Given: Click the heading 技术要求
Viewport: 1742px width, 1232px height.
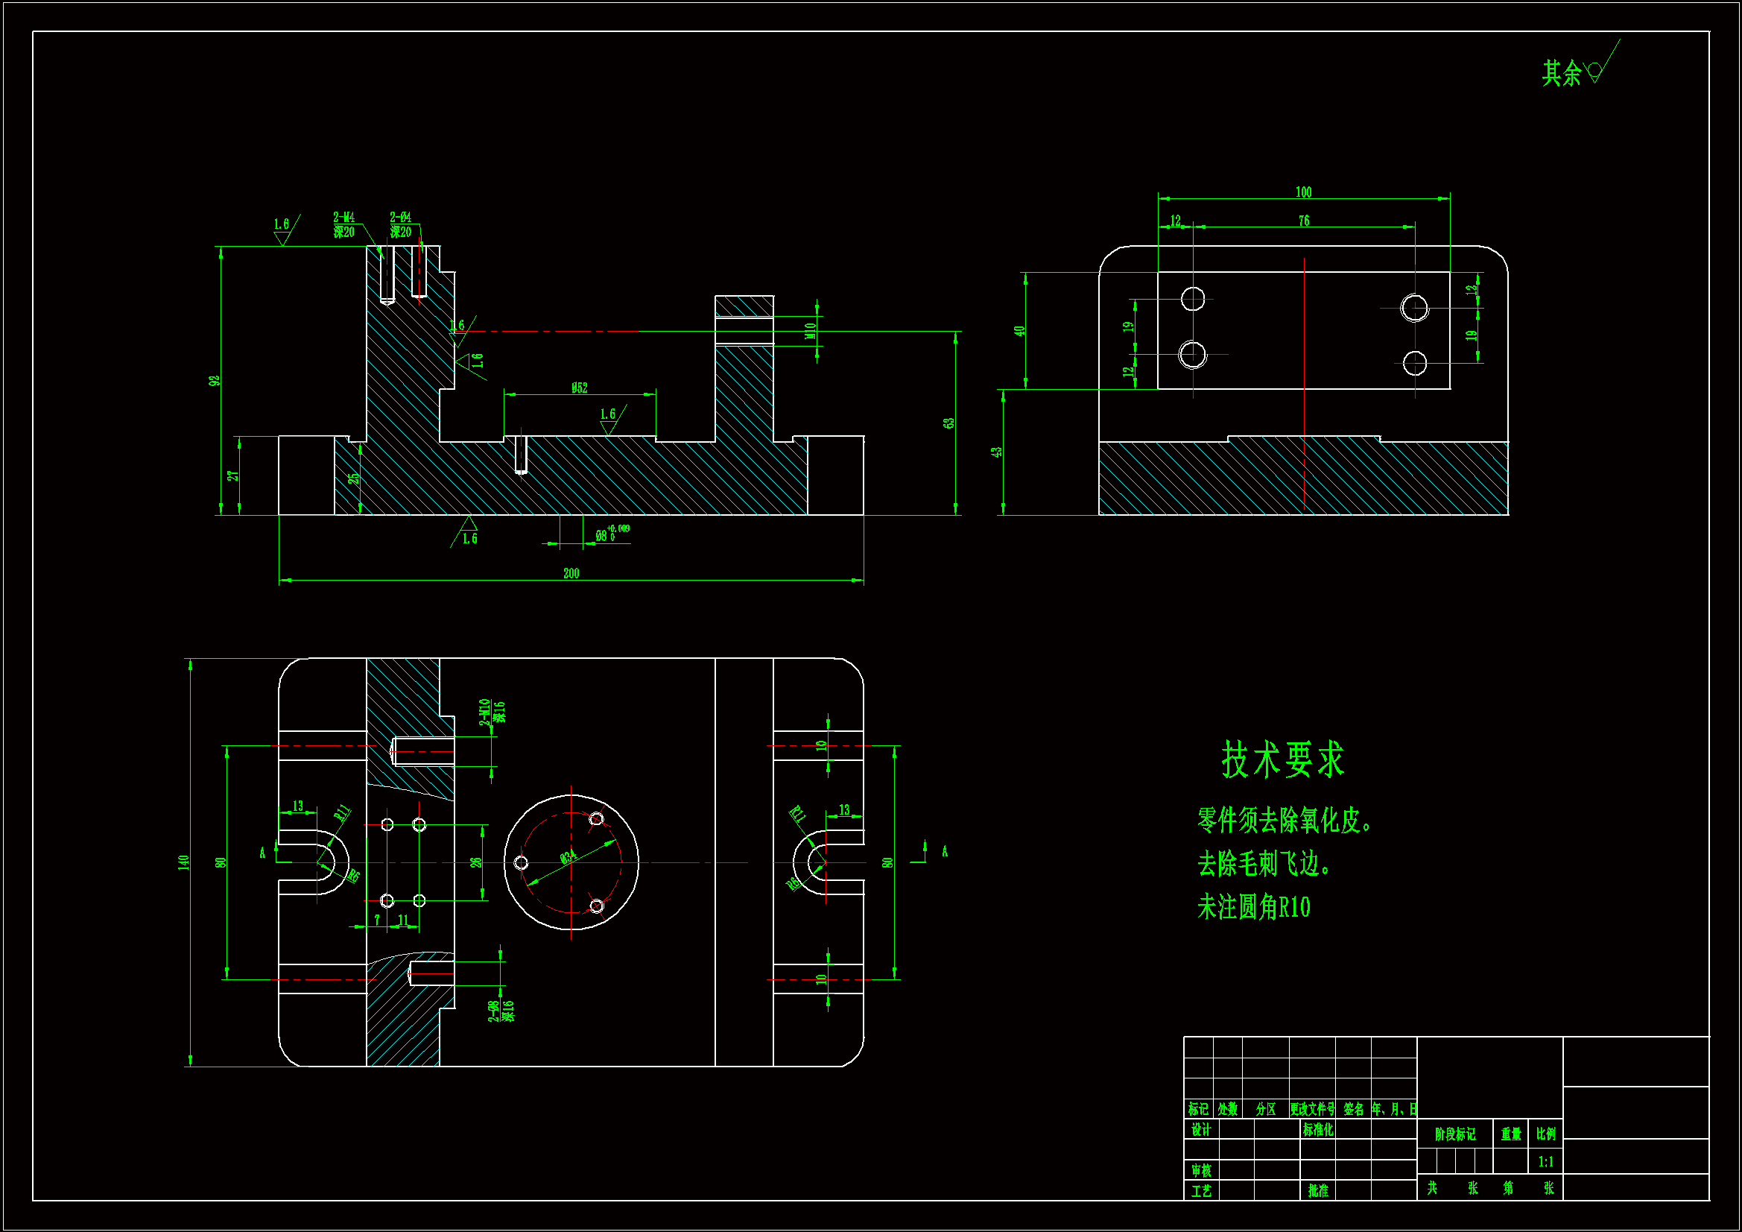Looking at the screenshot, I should click(1282, 760).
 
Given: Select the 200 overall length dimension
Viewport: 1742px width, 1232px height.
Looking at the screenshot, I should click(571, 574).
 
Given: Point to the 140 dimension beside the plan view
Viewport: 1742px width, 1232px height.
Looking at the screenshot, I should click(183, 862).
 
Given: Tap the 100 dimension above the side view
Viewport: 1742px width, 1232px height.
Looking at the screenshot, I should click(1303, 192).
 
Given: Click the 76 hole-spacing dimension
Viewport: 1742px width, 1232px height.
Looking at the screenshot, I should click(1303, 221).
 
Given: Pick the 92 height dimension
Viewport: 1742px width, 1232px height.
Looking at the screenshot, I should click(215, 380).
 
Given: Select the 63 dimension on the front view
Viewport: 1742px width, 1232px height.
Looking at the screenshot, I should click(949, 423).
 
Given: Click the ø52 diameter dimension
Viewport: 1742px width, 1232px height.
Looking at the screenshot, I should click(580, 388).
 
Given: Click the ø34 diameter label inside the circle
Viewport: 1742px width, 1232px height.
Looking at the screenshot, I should click(568, 857).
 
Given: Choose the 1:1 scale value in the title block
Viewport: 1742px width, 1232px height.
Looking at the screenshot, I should click(1545, 1162).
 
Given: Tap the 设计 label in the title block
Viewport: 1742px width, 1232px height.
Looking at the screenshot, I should click(1201, 1131).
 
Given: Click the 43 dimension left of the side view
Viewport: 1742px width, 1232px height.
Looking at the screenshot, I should click(996, 452).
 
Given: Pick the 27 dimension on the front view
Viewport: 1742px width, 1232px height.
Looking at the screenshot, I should click(233, 476).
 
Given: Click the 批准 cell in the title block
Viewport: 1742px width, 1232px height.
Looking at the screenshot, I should click(1318, 1191).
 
